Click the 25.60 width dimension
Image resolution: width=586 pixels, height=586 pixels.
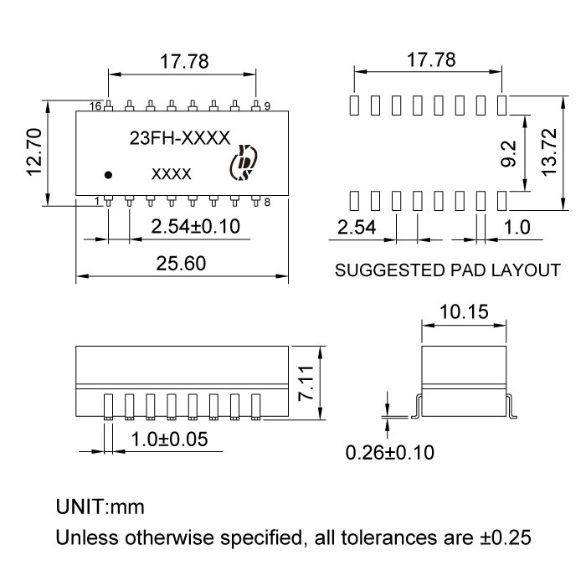182,263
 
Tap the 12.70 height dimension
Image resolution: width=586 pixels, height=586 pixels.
34,152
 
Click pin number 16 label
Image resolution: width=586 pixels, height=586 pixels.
95,106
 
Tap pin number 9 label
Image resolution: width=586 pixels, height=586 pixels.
267,106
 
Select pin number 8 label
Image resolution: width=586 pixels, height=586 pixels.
267,203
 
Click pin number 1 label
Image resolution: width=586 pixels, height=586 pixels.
98,202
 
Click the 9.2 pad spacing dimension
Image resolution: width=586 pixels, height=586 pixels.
509,152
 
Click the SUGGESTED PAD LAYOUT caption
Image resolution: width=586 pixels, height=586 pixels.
447,271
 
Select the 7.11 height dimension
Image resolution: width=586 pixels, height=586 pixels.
309,382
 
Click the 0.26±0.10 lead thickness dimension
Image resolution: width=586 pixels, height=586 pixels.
389,453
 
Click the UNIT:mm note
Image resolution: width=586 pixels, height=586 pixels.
100,507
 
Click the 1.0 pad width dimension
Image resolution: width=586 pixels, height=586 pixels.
518,227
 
